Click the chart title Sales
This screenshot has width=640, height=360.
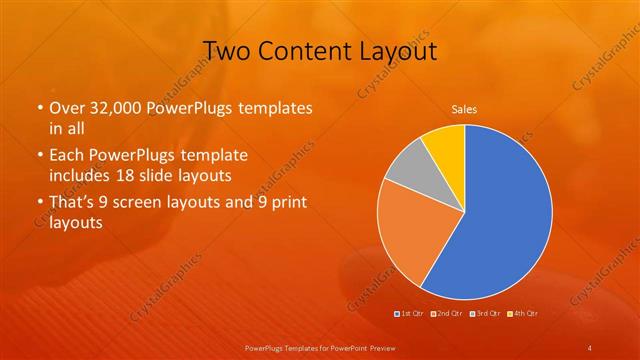pos(464,109)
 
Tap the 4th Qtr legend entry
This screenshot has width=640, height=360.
pos(523,314)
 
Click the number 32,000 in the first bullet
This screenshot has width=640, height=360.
pos(114,108)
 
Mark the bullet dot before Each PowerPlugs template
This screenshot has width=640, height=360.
pos(39,156)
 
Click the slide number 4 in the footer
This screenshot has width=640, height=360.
pos(590,347)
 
